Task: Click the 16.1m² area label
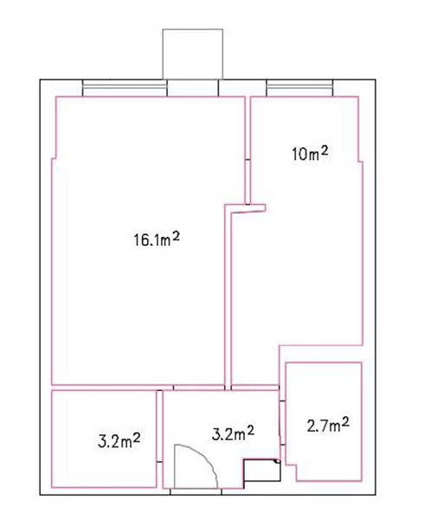coord(157,240)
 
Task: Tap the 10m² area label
coord(311,154)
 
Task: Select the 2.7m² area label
coord(328,425)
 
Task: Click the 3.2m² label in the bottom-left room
coord(119,440)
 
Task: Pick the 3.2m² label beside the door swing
coord(233,433)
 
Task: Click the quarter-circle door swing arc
coord(205,457)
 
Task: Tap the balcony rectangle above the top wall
coord(192,54)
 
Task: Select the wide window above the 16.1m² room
coord(125,88)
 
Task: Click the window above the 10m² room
coord(299,88)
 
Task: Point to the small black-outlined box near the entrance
coord(261,470)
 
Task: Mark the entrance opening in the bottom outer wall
coord(196,491)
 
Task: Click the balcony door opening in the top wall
coord(192,88)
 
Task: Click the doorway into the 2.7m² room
coord(282,423)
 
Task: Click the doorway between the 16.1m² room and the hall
coord(199,388)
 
